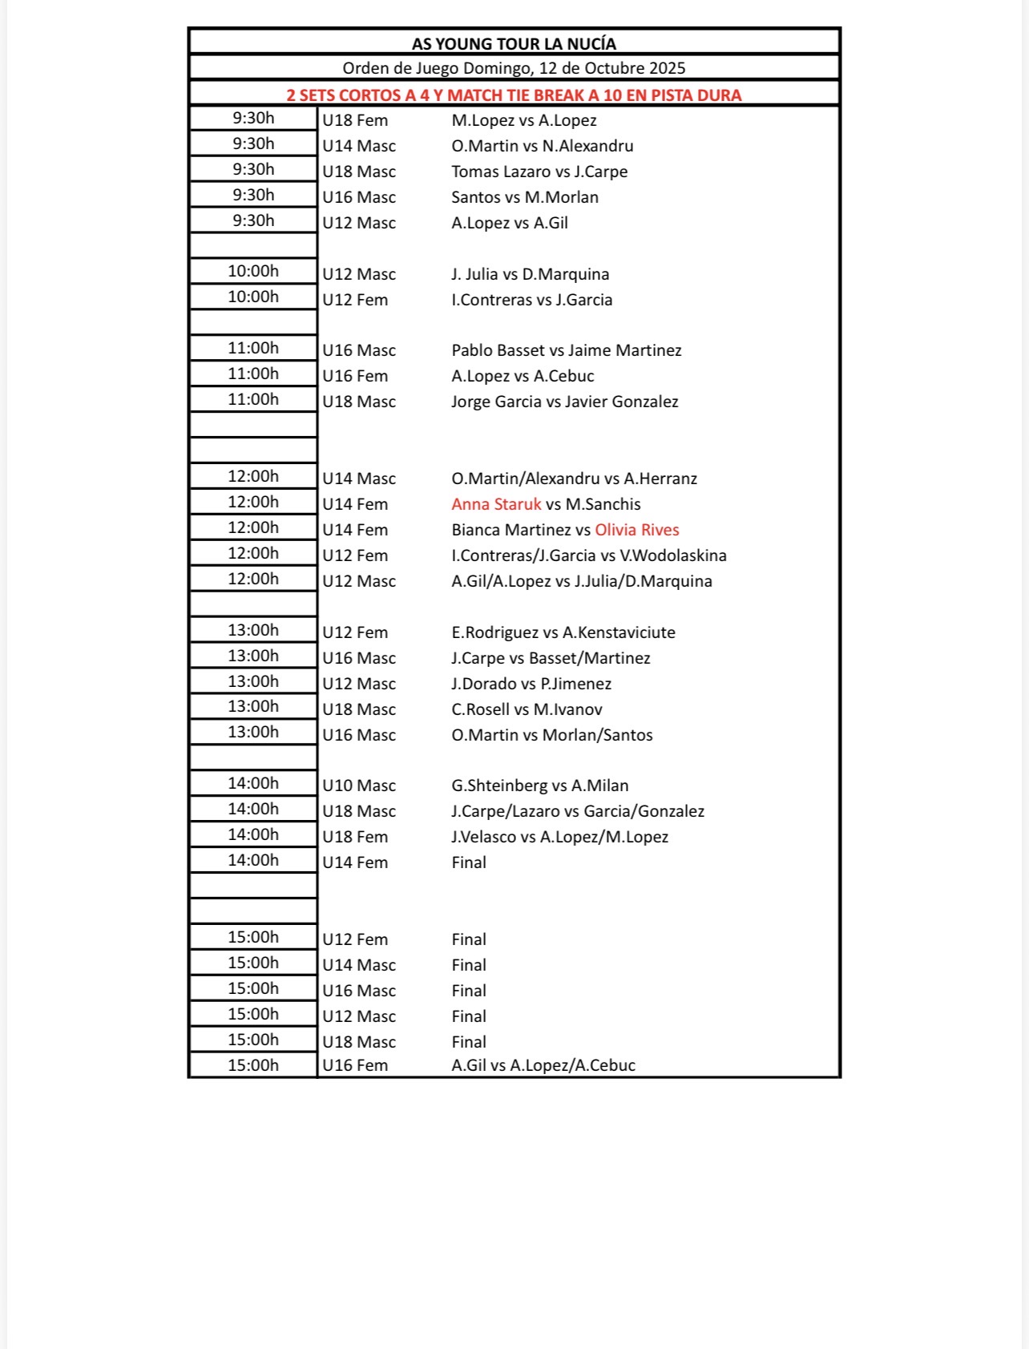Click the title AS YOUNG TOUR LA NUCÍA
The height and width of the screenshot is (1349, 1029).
click(514, 44)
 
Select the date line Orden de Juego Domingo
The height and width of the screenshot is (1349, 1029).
click(514, 69)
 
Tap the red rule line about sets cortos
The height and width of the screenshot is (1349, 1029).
click(514, 95)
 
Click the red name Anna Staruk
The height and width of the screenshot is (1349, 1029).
click(496, 504)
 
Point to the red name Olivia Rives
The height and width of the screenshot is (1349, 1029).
click(636, 530)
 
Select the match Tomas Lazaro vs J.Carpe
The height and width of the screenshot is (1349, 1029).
click(539, 172)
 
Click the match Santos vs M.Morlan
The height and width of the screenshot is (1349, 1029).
click(525, 197)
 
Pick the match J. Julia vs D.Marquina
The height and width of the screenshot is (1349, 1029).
click(530, 274)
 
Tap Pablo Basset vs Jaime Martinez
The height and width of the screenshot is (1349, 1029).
click(567, 350)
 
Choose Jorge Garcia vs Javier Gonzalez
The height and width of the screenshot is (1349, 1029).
click(564, 402)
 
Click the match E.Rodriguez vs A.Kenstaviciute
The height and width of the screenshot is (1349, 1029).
click(563, 632)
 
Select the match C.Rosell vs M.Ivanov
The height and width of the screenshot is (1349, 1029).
click(527, 709)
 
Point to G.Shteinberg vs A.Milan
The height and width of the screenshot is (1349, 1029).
click(539, 786)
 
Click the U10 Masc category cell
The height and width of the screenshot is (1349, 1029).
click(359, 786)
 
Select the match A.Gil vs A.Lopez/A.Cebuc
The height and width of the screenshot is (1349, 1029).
click(543, 1065)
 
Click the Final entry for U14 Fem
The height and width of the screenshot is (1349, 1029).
click(469, 862)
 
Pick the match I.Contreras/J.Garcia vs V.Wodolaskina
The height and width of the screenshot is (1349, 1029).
click(589, 555)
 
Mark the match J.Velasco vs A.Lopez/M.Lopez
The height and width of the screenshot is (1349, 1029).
click(559, 837)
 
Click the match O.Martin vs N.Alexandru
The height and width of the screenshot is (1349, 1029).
click(543, 146)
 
